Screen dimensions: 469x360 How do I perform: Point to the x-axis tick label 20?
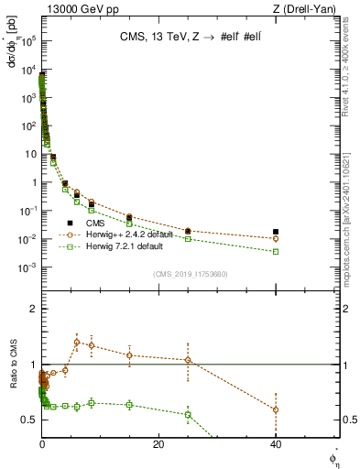click(158, 444)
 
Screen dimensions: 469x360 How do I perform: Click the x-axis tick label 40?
click(276, 444)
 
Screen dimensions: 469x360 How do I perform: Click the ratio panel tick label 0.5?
click(29, 420)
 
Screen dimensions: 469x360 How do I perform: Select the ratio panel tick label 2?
click(33, 309)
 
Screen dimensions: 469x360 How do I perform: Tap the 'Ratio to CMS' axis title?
click(12, 377)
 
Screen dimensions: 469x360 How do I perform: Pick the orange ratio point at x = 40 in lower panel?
click(276, 409)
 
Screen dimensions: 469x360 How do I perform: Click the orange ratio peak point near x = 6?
click(77, 342)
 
